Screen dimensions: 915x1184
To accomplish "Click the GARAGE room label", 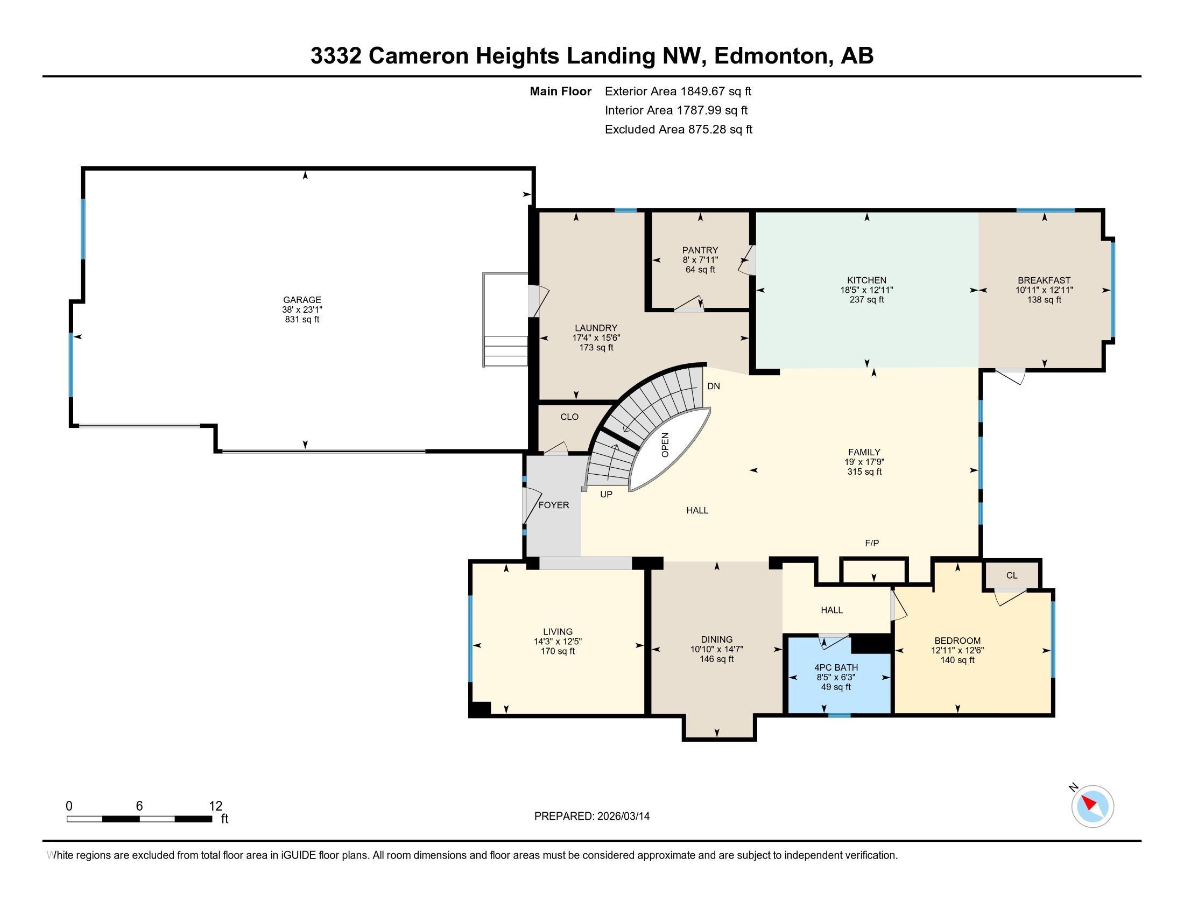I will coord(302,300).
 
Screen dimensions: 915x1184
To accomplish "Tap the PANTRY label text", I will coord(700,250).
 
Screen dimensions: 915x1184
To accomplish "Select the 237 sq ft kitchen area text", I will coord(866,300).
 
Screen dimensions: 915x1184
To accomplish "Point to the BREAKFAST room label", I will coord(1044,280).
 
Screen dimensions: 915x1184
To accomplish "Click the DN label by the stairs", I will coord(714,386).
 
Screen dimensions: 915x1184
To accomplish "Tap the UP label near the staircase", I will coord(606,494).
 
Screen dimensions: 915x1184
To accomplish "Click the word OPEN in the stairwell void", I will coord(665,445).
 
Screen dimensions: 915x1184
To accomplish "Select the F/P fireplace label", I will coord(872,543).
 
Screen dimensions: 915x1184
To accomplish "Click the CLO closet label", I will coord(569,417).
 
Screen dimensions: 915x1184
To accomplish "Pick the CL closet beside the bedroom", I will coord(1012,576).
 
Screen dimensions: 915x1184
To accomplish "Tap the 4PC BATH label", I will coord(836,667).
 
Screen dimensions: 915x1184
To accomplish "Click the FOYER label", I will coord(553,505).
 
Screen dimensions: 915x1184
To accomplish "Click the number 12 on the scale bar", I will coord(215,806).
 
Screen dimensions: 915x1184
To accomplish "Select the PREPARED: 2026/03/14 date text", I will coord(591,817).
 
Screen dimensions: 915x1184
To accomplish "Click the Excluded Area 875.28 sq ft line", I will coord(678,130).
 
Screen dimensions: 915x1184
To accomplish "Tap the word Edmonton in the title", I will coord(773,56).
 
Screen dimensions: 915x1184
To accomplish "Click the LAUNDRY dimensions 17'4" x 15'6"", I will coord(596,337).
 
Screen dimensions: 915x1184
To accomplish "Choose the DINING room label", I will coord(716,639).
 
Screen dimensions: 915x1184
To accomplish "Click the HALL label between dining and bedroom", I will coord(831,610).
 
